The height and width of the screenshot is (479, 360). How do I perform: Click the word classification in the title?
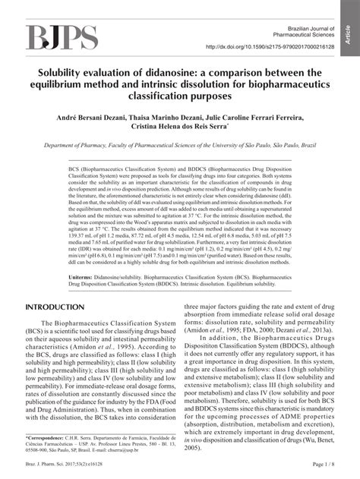click(180, 99)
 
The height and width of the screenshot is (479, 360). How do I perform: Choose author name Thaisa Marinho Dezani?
click(169, 118)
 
